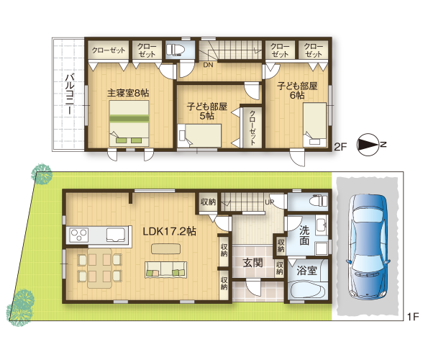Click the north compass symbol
click(x=368, y=145)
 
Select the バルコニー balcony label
click(x=70, y=94)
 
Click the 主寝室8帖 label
click(x=128, y=93)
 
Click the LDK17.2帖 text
click(x=169, y=231)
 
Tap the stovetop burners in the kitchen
click(x=79, y=235)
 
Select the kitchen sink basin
click(x=116, y=235)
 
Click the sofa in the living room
click(x=166, y=269)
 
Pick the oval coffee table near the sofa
click(x=165, y=248)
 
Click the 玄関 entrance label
click(x=253, y=263)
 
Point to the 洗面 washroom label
click(x=304, y=235)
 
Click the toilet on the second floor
click(x=176, y=50)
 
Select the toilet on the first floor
click(x=318, y=201)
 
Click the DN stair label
click(x=208, y=65)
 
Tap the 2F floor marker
click(x=340, y=147)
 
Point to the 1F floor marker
click(x=413, y=317)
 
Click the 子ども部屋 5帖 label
click(x=207, y=111)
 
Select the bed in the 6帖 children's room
click(x=314, y=125)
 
